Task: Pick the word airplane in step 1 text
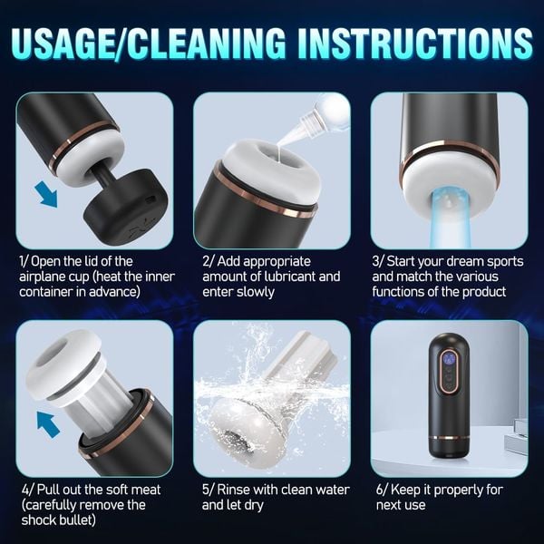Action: (44, 276)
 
